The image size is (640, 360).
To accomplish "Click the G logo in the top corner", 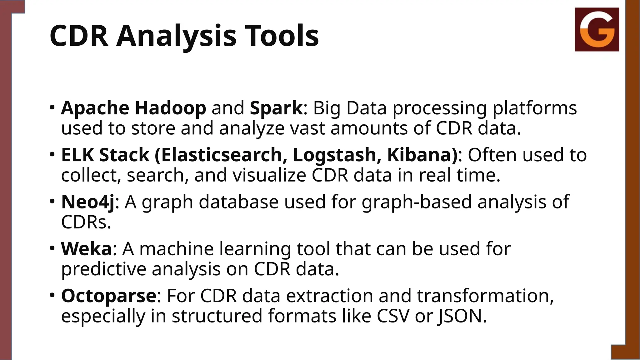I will pyautogui.click(x=597, y=29).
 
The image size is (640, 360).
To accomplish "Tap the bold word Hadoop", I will pyautogui.click(x=170, y=108).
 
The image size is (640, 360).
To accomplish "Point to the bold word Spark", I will pyautogui.click(x=276, y=108).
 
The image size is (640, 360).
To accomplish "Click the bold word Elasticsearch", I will pyautogui.click(x=222, y=155).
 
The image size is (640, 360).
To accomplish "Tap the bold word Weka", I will pyautogui.click(x=86, y=249).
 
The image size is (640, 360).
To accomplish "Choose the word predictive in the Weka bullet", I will pyautogui.click(x=103, y=269).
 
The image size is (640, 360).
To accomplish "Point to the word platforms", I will pyautogui.click(x=534, y=108).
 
